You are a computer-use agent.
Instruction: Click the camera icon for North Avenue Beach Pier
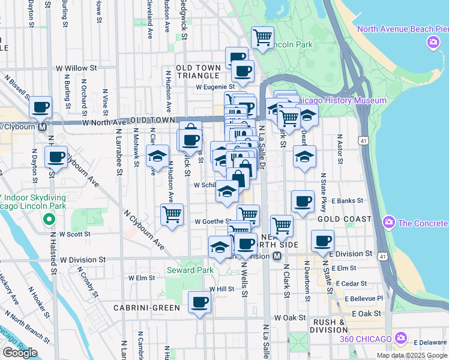[432, 43]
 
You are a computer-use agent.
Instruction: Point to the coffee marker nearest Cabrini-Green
[199, 302]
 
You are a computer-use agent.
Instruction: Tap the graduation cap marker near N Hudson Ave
[157, 157]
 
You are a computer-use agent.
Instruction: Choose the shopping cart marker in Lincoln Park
[262, 38]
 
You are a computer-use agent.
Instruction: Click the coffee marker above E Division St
[322, 241]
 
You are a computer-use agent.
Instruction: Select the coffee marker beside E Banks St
[303, 202]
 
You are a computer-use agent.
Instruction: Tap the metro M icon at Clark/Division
[277, 256]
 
